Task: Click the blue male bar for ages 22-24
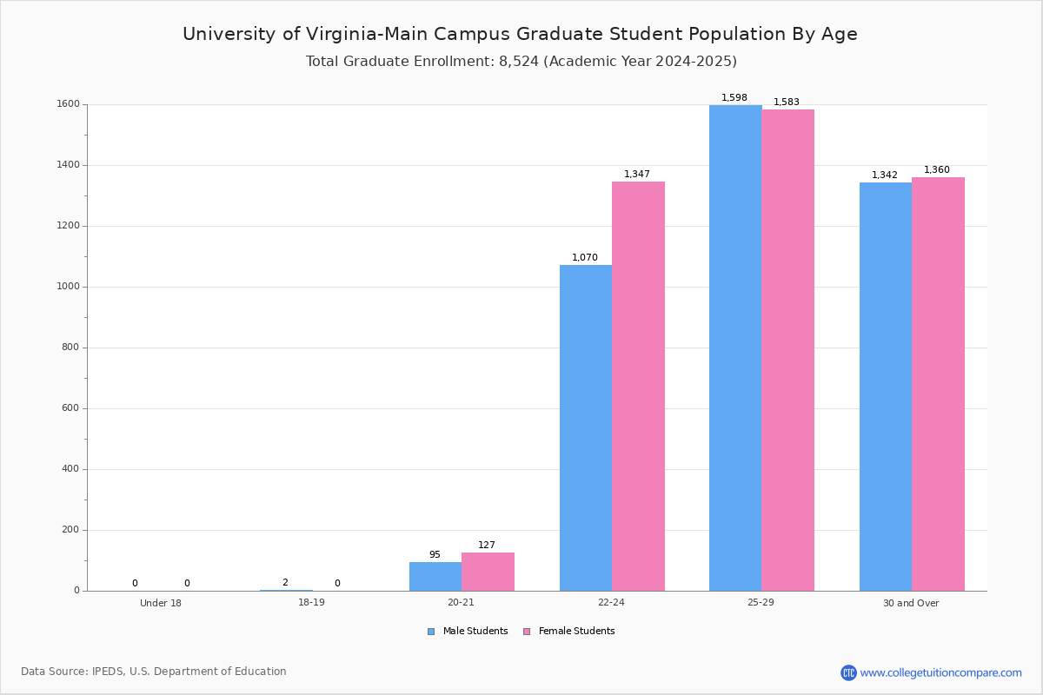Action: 586,427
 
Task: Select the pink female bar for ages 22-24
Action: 638,387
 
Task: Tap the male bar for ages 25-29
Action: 735,348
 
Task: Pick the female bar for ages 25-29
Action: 788,350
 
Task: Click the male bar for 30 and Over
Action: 886,387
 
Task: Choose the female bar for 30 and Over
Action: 938,384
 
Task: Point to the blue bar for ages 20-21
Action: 435,577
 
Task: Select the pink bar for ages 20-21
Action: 488,572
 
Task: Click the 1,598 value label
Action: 734,98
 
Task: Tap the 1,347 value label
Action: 637,174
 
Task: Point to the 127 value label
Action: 487,545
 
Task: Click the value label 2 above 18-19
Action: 285,582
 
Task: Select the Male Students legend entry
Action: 468,632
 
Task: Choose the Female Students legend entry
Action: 569,632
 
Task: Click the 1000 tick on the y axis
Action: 68,287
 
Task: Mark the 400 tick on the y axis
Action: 70,469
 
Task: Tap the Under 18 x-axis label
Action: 161,603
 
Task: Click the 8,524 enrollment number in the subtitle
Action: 519,62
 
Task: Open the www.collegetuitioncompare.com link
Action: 940,672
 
